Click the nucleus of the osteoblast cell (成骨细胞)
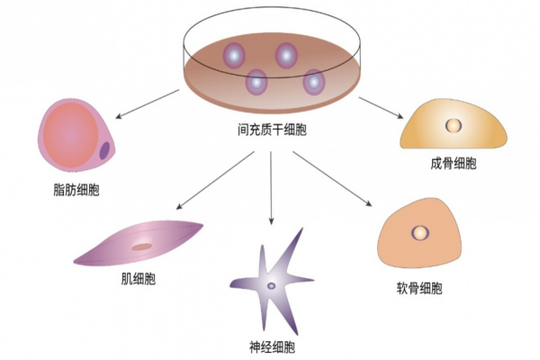click(454, 124)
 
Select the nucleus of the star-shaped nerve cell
click(271, 286)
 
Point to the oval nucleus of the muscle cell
click(142, 245)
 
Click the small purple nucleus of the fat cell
click(105, 151)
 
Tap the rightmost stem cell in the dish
click(313, 82)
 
